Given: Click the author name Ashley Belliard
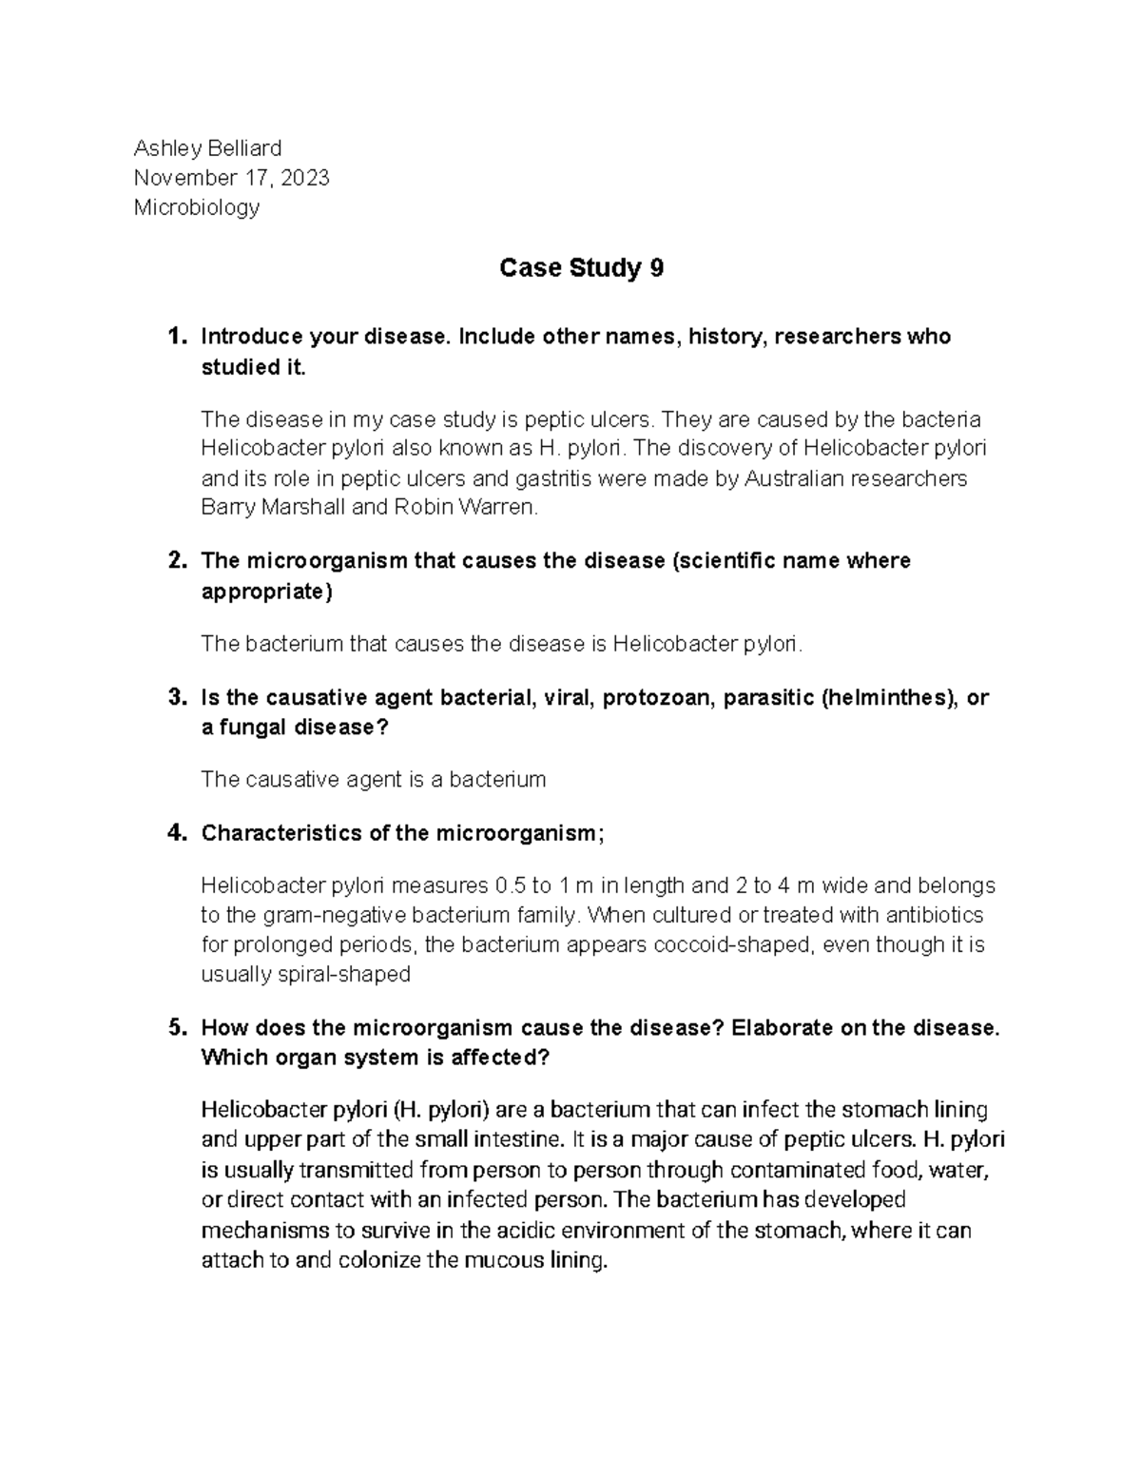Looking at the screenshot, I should click(x=207, y=148).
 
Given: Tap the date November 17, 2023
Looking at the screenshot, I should click(x=231, y=178).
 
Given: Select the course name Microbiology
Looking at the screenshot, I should click(x=196, y=207).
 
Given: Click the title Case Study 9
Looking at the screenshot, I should click(x=581, y=269).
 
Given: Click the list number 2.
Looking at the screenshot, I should click(x=175, y=561).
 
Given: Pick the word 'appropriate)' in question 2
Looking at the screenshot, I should click(x=267, y=592).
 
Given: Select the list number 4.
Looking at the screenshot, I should click(x=175, y=834).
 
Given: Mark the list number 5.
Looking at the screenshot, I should click(x=175, y=1028).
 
